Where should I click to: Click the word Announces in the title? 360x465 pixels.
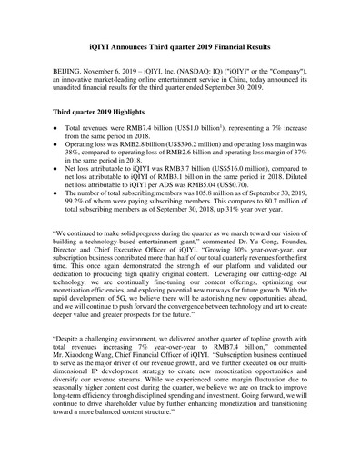click(142, 45)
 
